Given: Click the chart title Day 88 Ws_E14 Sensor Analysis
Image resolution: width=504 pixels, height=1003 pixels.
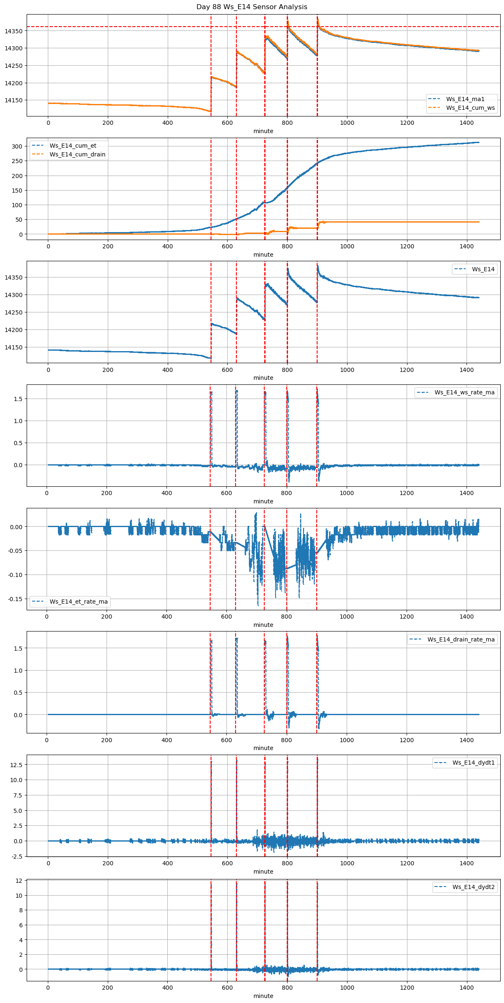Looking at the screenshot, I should [252, 7].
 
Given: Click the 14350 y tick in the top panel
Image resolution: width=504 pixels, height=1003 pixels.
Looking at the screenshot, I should [14, 31].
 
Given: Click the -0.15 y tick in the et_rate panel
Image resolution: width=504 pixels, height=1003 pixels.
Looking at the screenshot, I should [15, 599].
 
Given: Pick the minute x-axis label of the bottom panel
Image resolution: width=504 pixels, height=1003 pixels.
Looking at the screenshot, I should [263, 996].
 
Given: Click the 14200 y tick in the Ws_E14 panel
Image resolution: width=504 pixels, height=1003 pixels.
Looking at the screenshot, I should [14, 330].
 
